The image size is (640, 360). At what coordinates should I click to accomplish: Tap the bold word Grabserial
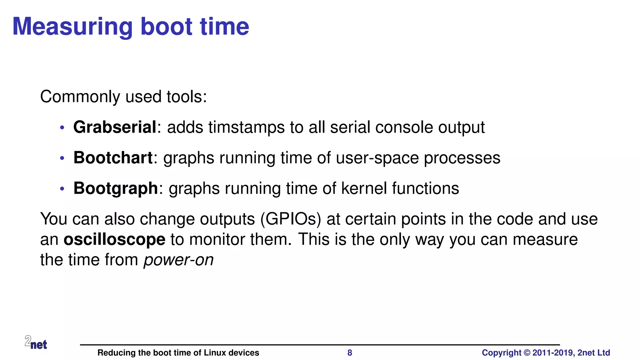coord(114,127)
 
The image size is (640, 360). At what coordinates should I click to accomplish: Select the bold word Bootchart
coord(113,158)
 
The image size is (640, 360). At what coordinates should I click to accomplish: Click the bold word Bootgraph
coord(115,188)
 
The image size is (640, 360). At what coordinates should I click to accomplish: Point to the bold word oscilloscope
coord(114,240)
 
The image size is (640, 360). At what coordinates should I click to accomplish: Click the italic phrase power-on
coord(178,260)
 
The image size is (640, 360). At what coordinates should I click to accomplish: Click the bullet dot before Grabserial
coord(62,127)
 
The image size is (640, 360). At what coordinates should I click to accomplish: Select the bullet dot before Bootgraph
coord(62,189)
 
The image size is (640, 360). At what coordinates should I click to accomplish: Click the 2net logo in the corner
coord(36,342)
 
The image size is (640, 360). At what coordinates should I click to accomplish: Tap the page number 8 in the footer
coord(350,353)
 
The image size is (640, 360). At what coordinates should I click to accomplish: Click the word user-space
coord(377,158)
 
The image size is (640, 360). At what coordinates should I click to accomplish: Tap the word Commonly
coord(80,97)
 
